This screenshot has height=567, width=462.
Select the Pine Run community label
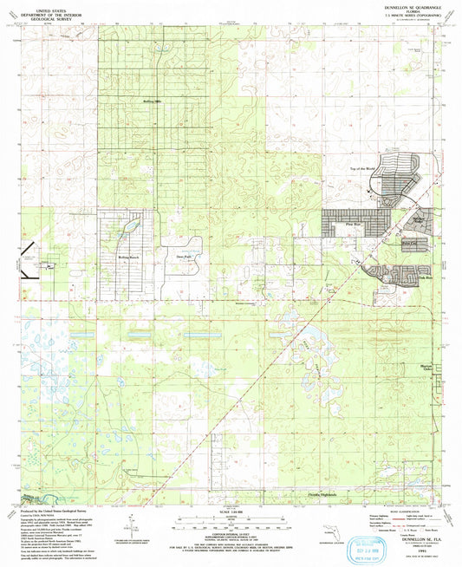click(x=351, y=224)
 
